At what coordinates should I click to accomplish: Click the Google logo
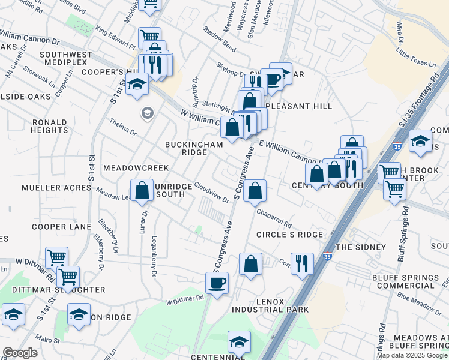[20, 353]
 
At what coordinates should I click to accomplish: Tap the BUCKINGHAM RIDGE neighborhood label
[195, 148]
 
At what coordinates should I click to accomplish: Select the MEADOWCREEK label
[136, 168]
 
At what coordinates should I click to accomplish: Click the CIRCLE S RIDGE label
[289, 234]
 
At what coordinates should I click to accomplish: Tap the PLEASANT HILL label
[298, 106]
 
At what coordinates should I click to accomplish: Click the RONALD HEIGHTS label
[49, 126]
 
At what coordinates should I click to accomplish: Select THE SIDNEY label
[360, 247]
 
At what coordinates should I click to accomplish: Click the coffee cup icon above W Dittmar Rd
[217, 281]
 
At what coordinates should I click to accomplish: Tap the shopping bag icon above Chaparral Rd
[255, 191]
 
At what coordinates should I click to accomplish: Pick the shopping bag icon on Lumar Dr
[142, 191]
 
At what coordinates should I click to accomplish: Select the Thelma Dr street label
[123, 127]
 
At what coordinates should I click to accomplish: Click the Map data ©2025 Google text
[412, 355]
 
